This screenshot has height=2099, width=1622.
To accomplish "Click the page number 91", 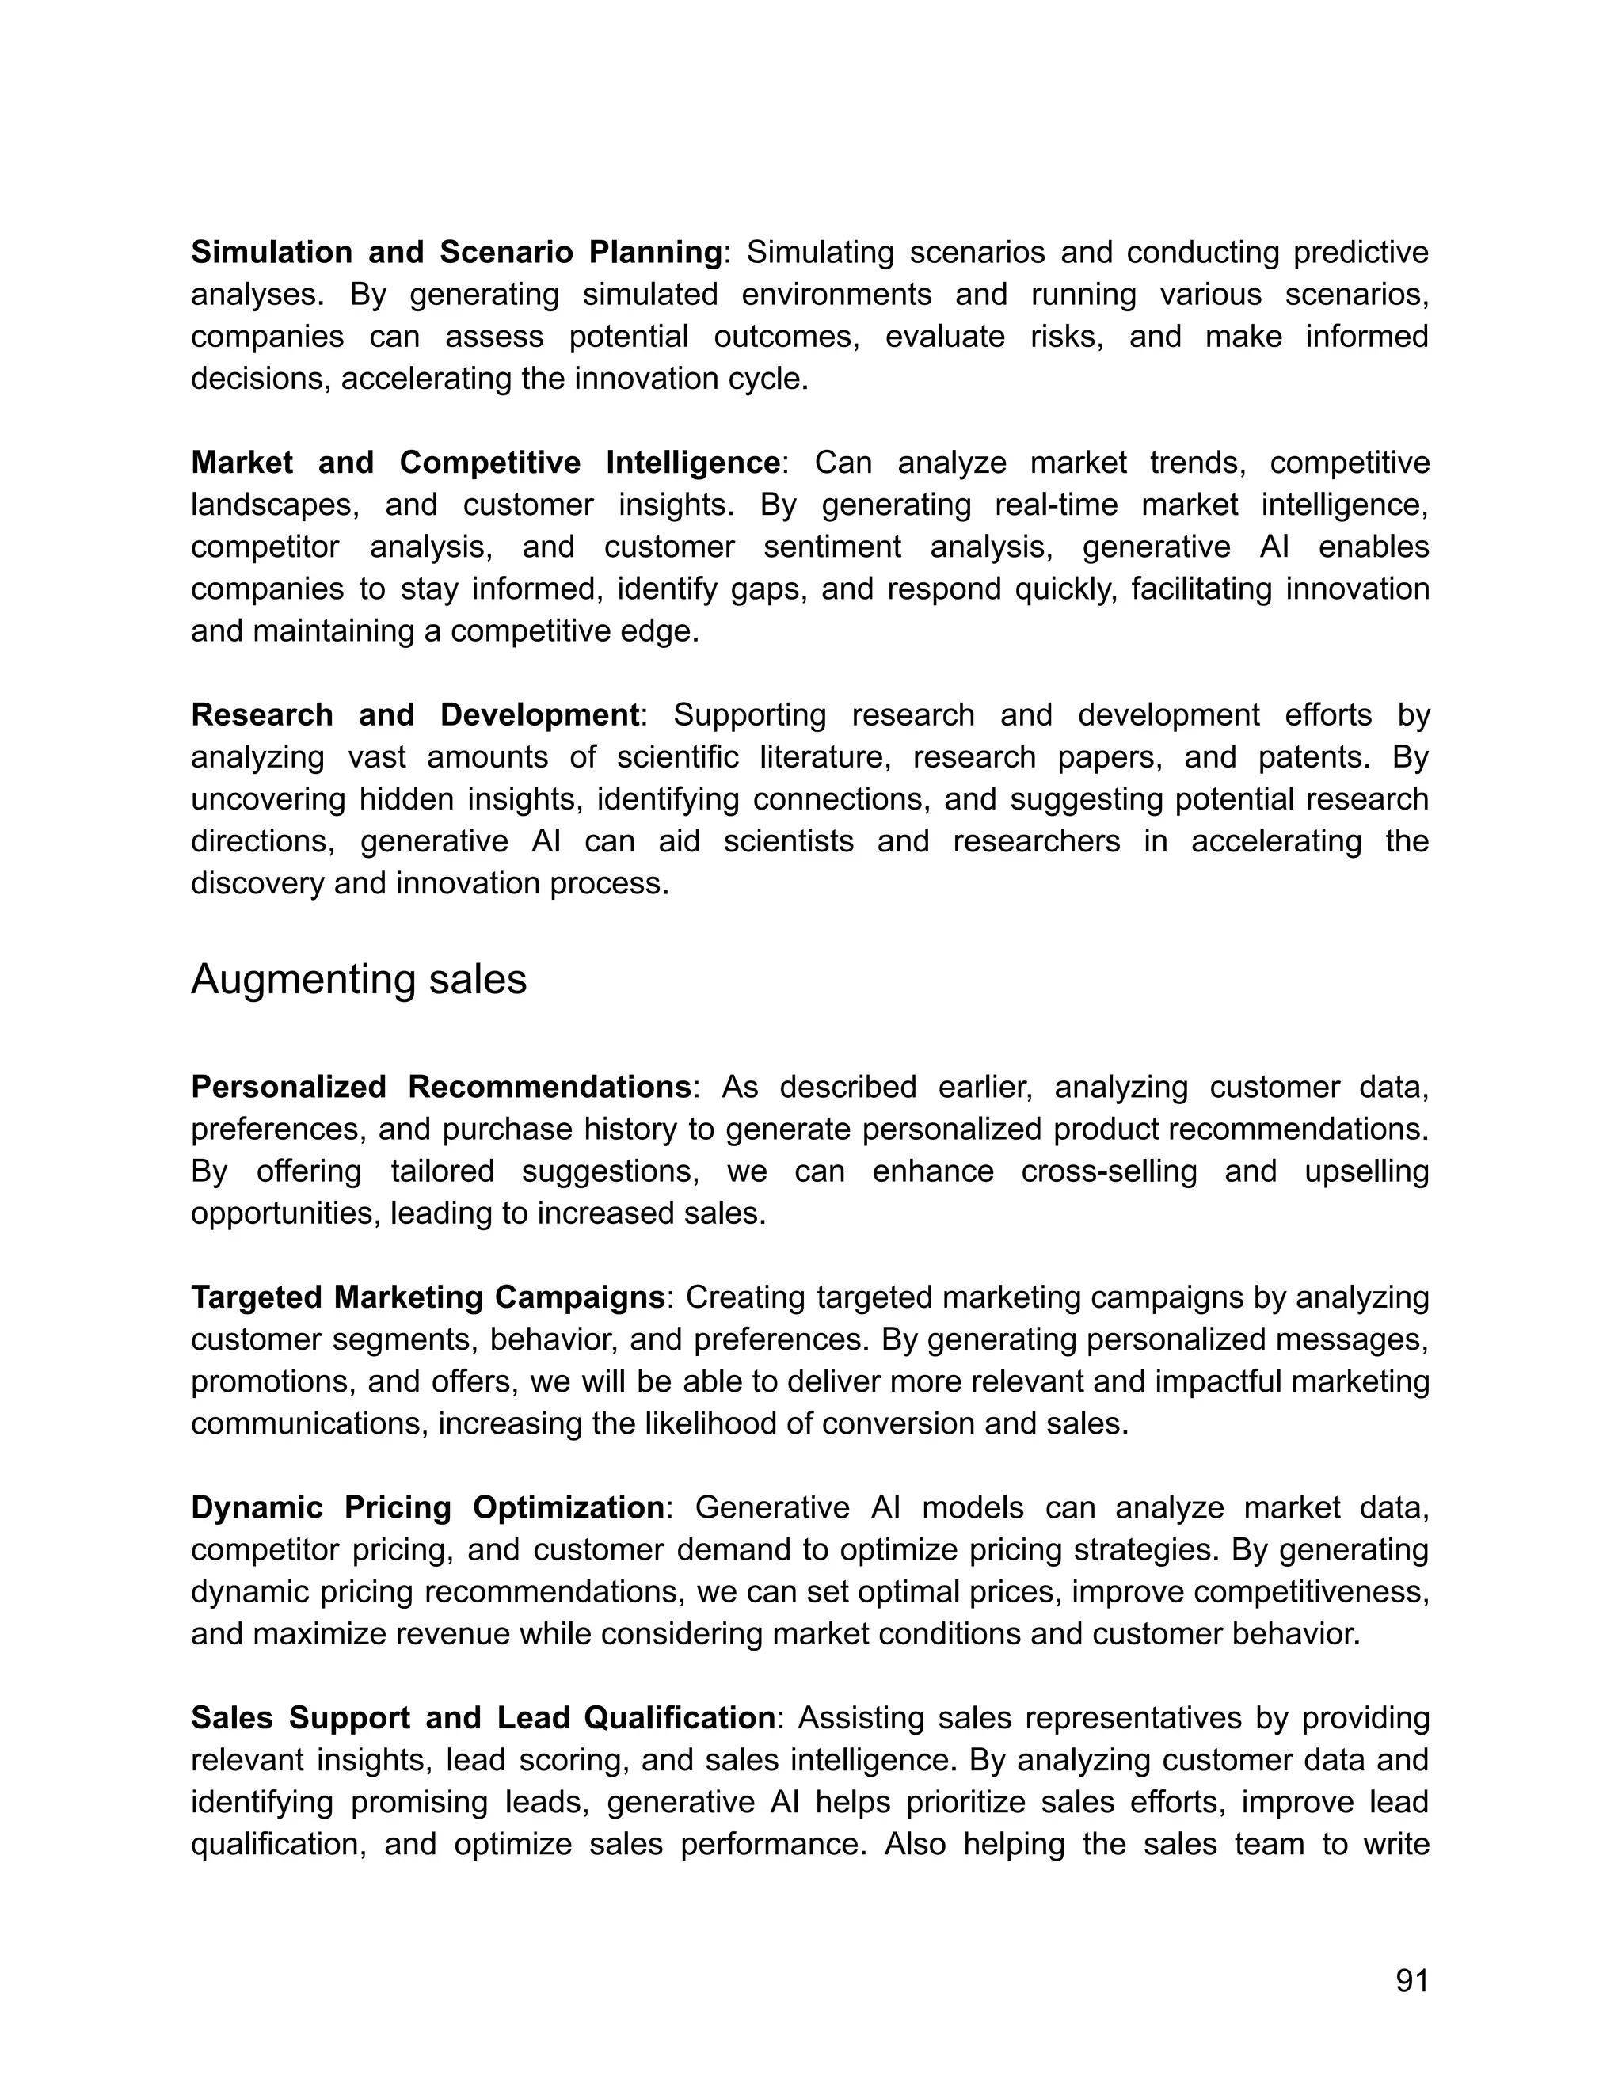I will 1411,1981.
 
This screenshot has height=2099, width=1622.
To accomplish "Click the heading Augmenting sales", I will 359,979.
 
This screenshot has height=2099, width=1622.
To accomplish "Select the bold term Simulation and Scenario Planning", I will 456,252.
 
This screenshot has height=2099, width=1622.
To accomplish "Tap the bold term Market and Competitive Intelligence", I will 485,463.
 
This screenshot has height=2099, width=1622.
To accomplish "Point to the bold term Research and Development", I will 415,714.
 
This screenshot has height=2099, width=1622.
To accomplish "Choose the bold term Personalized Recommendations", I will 441,1086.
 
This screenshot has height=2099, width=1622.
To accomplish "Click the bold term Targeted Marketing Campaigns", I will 428,1297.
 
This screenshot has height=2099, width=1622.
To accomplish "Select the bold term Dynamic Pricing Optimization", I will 428,1507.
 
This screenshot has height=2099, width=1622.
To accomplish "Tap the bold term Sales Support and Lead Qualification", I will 483,1717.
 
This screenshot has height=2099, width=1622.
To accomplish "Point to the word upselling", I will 1366,1171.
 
